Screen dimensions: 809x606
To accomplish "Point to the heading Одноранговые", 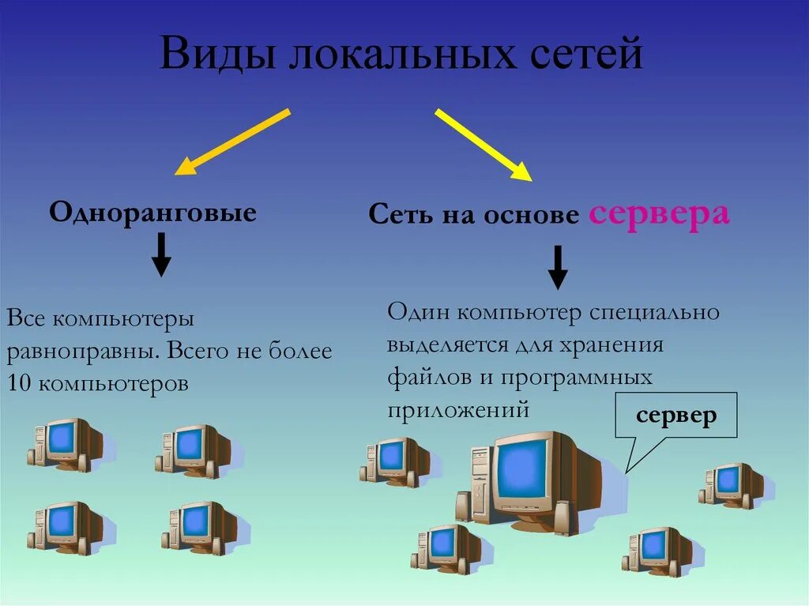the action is click(x=152, y=212).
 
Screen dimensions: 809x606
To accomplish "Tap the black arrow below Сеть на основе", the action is click(x=558, y=266).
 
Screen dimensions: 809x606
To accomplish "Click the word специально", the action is click(x=655, y=312).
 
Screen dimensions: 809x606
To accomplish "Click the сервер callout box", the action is click(x=676, y=416).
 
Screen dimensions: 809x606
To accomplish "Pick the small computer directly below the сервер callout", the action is click(x=730, y=484).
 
